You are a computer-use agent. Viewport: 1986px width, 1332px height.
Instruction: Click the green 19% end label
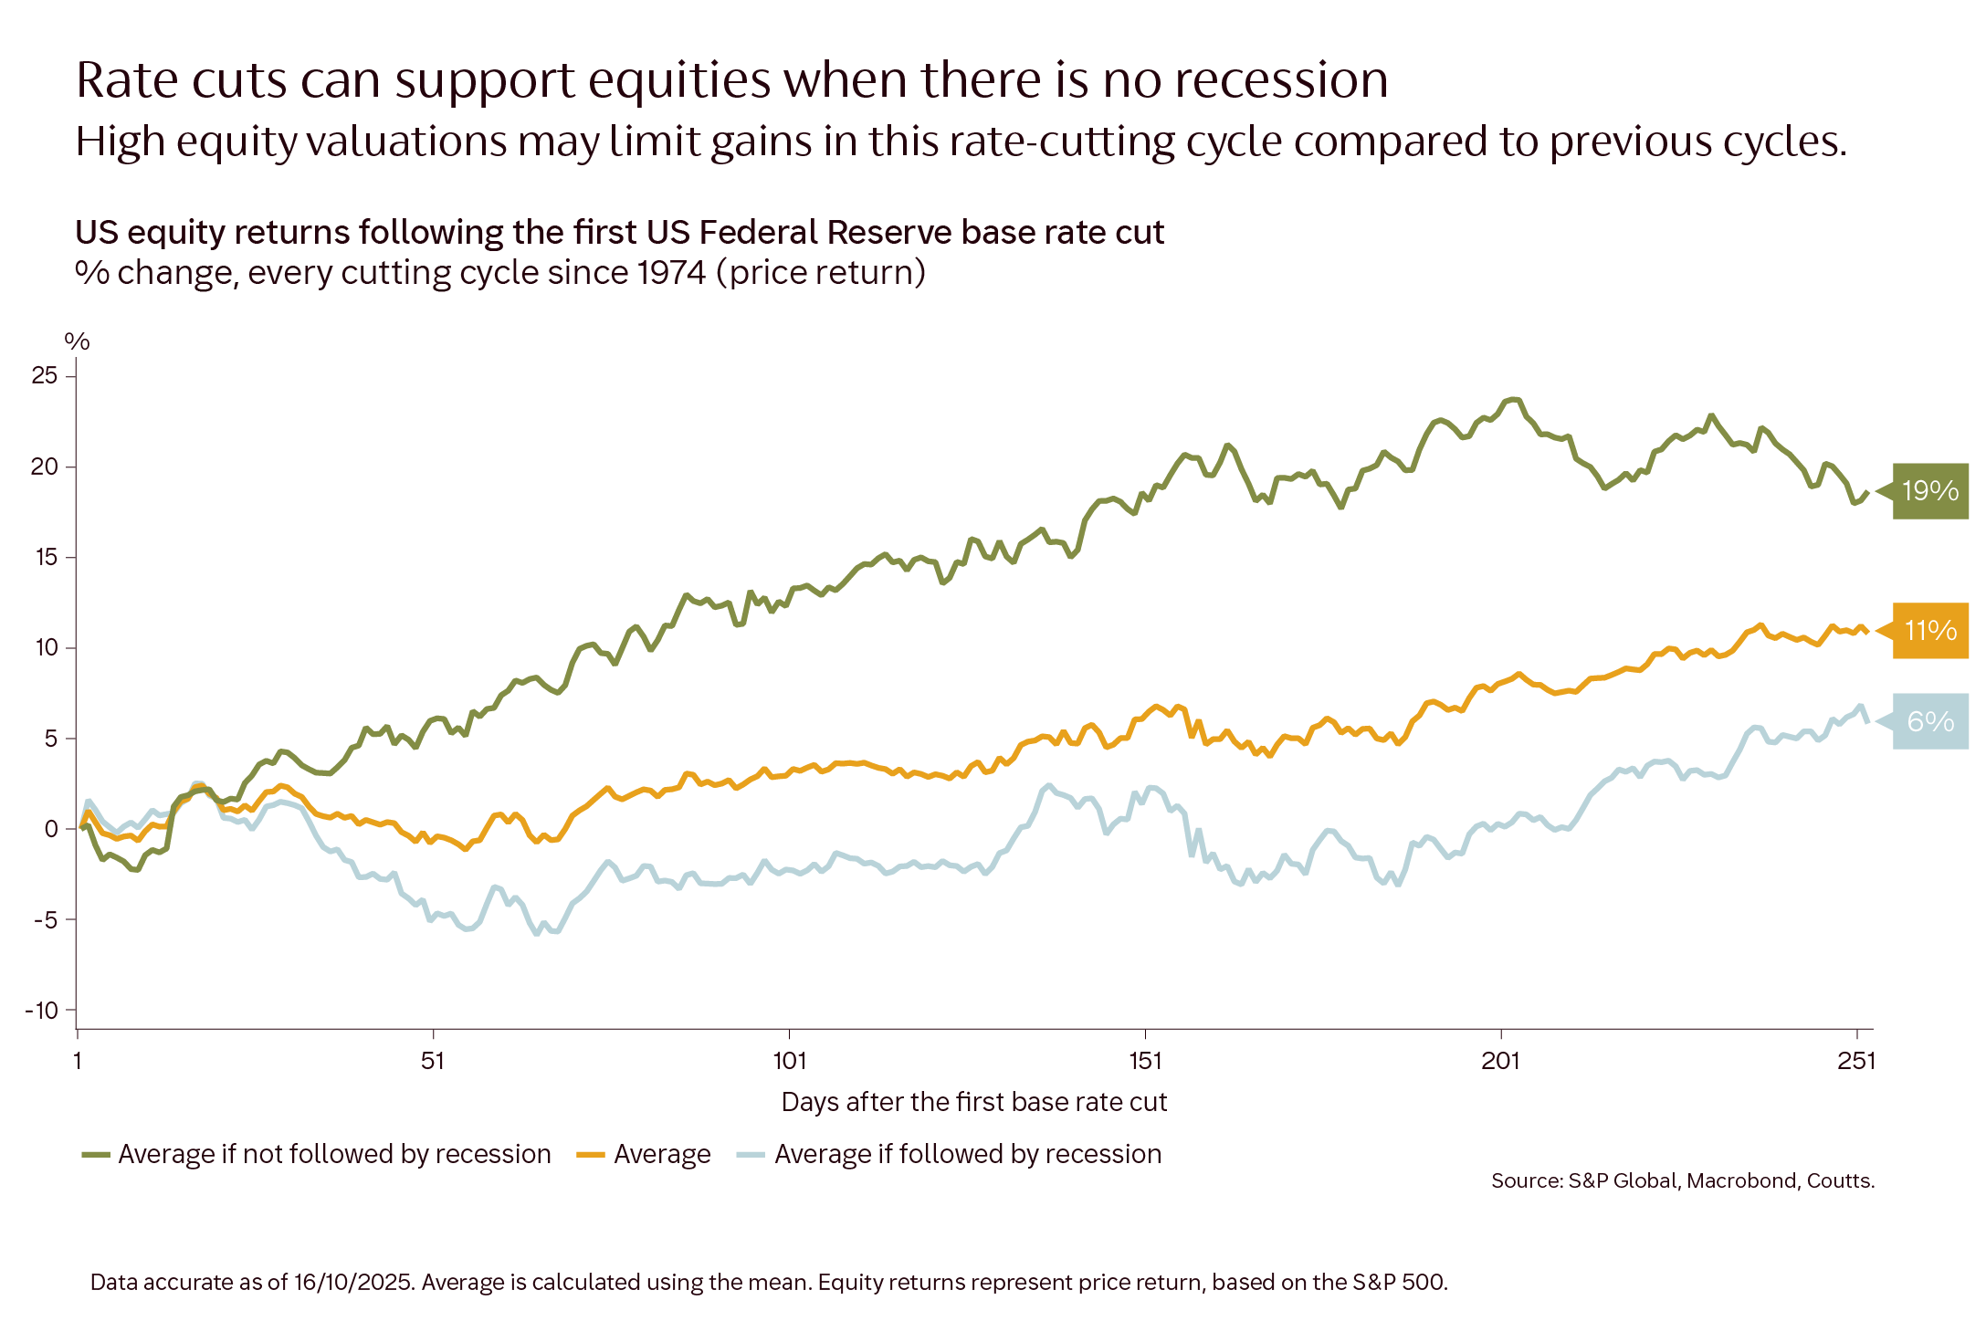[x=1928, y=491]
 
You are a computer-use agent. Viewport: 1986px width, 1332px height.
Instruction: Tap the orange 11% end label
[x=1928, y=631]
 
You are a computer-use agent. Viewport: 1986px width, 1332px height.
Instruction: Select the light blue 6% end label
[x=1928, y=722]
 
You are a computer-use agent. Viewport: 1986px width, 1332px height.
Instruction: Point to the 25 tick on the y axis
[x=45, y=375]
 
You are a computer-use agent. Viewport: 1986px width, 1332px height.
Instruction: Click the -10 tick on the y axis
[x=41, y=1010]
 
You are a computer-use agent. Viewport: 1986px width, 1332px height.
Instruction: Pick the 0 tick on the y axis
[x=51, y=829]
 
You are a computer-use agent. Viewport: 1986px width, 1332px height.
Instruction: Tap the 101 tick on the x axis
[x=789, y=1060]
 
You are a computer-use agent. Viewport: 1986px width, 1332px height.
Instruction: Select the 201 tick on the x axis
[x=1500, y=1060]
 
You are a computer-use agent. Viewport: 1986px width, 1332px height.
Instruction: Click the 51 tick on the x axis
[x=433, y=1060]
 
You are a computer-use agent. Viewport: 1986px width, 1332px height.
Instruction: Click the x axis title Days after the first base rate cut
[x=973, y=1102]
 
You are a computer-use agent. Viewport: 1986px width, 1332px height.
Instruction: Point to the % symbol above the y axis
[x=77, y=341]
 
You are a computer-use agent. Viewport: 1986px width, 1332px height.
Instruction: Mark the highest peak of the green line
[x=1514, y=399]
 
